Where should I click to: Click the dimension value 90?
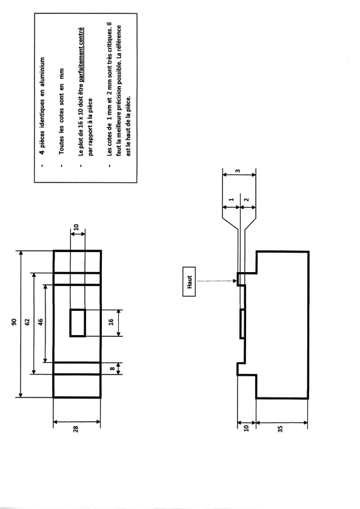click(13, 322)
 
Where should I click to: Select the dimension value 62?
click(27, 322)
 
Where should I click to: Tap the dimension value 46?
click(41, 322)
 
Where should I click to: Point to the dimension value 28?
click(76, 429)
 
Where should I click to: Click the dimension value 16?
click(111, 322)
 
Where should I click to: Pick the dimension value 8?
click(112, 368)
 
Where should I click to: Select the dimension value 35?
click(281, 428)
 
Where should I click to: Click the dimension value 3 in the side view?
click(238, 171)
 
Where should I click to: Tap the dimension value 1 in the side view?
click(231, 199)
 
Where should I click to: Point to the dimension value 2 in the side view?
click(247, 199)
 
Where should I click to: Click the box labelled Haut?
click(189, 281)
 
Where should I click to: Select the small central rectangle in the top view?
click(78, 323)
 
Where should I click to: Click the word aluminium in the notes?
click(42, 73)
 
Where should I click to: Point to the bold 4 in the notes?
click(42, 152)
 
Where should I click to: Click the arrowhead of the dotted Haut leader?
click(236, 281)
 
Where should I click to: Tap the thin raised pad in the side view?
click(242, 324)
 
